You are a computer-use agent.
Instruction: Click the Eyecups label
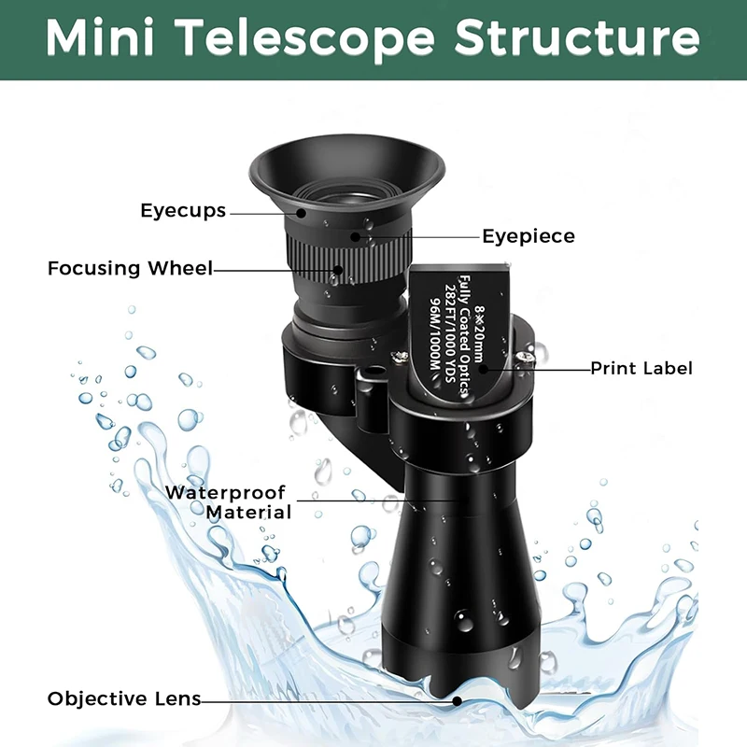183,210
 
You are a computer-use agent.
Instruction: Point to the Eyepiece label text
529,236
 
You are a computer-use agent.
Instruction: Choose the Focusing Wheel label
130,269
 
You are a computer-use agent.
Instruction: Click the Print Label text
641,368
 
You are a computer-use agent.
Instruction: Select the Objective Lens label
123,698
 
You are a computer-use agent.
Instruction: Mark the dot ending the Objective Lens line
457,700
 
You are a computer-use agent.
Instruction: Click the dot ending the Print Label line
485,369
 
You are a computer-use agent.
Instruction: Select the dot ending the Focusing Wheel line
337,270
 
